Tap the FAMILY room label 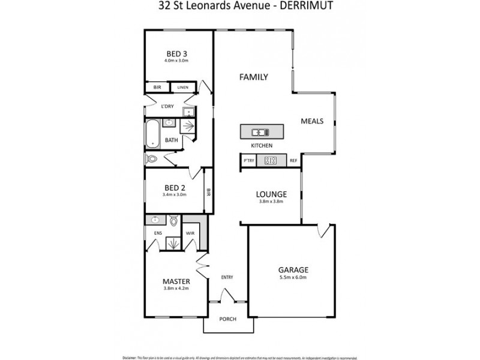(x=253, y=77)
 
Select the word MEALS (x=312, y=121)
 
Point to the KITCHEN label (x=262, y=146)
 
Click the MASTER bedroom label (x=176, y=281)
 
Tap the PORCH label (x=227, y=319)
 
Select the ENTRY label (x=227, y=277)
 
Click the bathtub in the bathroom (x=152, y=134)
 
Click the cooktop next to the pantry (x=271, y=160)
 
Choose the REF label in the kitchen (x=293, y=161)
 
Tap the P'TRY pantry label (x=248, y=161)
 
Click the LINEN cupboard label (x=183, y=88)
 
